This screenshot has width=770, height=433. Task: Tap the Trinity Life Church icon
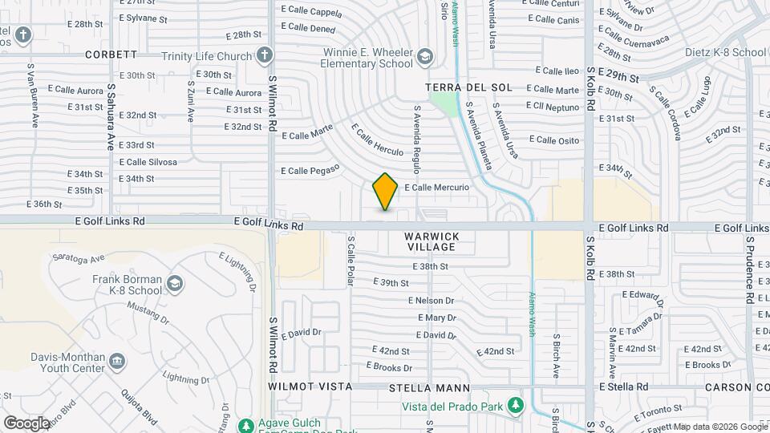pyautogui.click(x=265, y=56)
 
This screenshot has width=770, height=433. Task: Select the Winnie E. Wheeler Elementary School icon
pyautogui.click(x=424, y=56)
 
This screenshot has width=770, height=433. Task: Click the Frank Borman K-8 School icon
pyautogui.click(x=175, y=283)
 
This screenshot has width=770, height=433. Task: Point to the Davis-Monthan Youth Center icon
pyautogui.click(x=116, y=362)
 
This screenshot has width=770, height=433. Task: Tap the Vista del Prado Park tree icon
pyautogui.click(x=517, y=406)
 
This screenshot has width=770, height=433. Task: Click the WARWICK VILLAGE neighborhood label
pyautogui.click(x=432, y=241)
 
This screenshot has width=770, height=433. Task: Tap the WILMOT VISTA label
pyautogui.click(x=310, y=386)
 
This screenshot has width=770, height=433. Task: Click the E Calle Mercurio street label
pyautogui.click(x=436, y=188)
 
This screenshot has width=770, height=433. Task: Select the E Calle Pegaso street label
pyautogui.click(x=310, y=170)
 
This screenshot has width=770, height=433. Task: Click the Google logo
pyautogui.click(x=26, y=423)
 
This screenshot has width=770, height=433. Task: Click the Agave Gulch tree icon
pyautogui.click(x=245, y=423)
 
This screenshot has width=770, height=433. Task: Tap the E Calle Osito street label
pyautogui.click(x=557, y=140)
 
